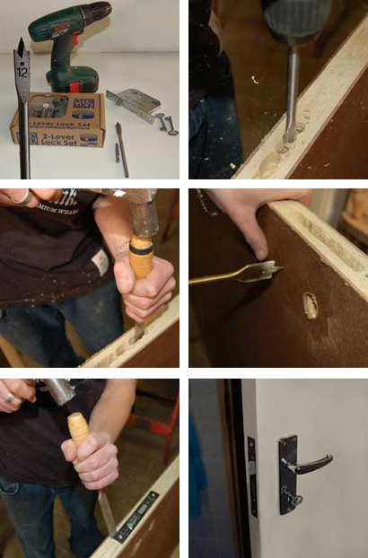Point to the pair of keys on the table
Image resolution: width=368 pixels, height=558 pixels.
(x=164, y=122)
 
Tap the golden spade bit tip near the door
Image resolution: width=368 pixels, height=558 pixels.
(x=266, y=270)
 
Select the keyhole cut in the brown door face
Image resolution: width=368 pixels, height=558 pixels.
(x=311, y=305)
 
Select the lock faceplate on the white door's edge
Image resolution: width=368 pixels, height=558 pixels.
(x=252, y=476)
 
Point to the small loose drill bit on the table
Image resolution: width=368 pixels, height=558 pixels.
(x=121, y=149)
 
